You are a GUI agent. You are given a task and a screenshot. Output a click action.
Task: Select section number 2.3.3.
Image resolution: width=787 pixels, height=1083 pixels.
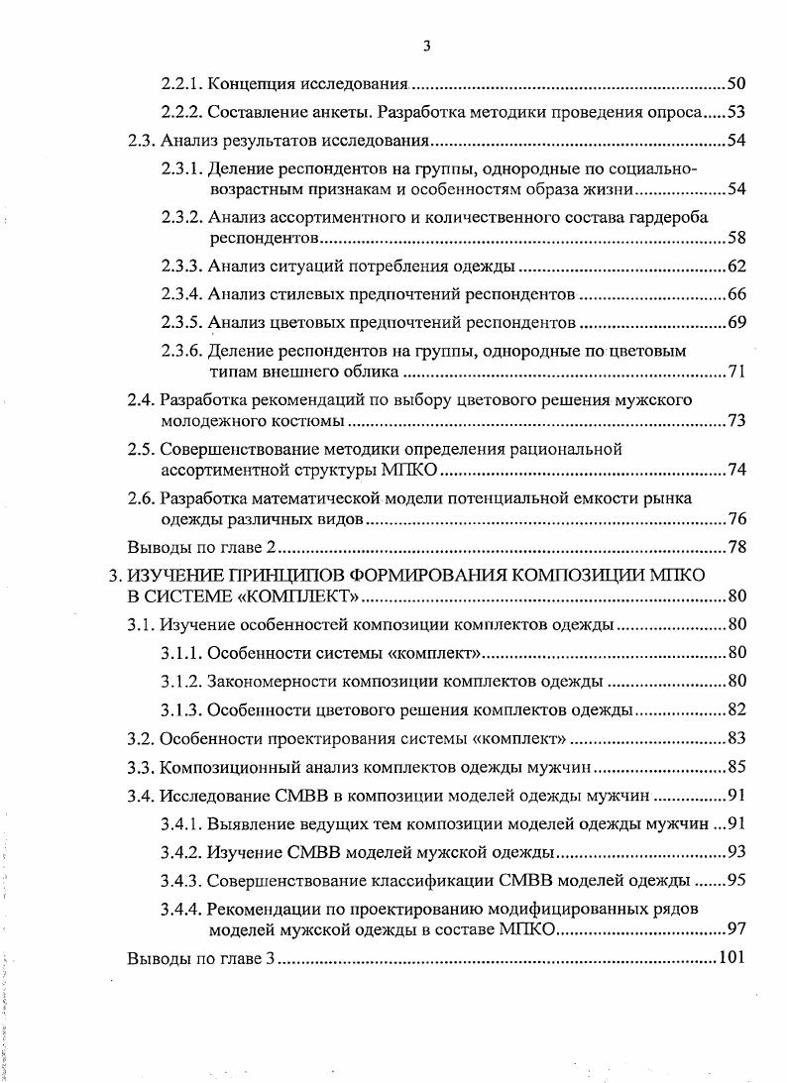182,267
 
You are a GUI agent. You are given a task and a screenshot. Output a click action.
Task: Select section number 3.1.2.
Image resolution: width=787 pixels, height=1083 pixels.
182,681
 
